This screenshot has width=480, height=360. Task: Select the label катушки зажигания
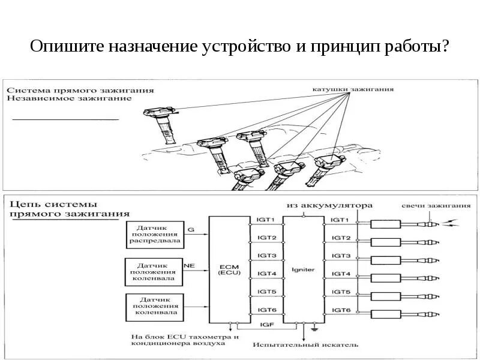coord(353,89)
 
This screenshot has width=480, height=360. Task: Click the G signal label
coord(191,229)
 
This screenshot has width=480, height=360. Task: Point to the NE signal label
coord(189,265)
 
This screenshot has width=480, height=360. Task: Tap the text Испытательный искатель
coord(305,345)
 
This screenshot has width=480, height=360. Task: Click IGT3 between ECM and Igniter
coord(266,256)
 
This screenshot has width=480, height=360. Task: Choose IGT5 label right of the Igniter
coord(341,292)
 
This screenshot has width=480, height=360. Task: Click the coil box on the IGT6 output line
coord(385,314)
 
